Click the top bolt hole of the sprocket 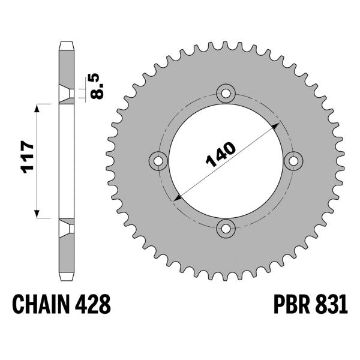(x=226, y=92)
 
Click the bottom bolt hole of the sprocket (x=226, y=227)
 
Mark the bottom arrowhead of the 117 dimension (x=38, y=214)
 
